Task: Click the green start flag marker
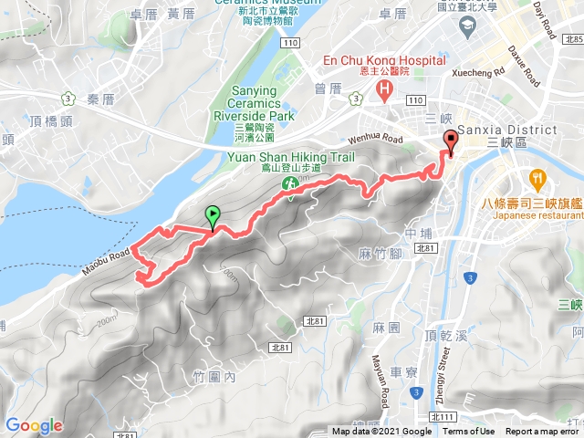coord(213,217)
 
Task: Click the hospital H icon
coord(383,90)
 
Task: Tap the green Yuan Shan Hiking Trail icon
coord(291,184)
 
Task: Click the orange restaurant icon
coord(537,179)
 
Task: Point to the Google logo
coord(34,425)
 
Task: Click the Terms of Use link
coord(469,432)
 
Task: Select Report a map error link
coord(543,432)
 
